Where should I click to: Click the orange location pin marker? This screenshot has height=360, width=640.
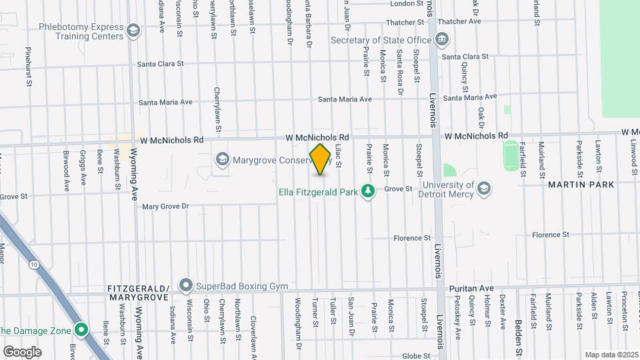[x=320, y=159]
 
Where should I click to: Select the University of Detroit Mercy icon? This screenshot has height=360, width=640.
[x=485, y=189]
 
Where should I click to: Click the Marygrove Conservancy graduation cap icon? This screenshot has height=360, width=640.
[x=222, y=159]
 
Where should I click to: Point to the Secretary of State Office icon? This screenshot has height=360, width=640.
[x=441, y=40]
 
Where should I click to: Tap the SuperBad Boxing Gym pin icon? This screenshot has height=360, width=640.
[x=185, y=286]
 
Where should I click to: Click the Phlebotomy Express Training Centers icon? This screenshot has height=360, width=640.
[x=133, y=31]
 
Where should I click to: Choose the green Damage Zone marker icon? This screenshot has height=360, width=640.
[x=81, y=329]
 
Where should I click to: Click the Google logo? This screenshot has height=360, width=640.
[x=22, y=351]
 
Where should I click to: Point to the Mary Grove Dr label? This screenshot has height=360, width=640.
[x=166, y=207]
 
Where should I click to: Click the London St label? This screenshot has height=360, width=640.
[x=403, y=3]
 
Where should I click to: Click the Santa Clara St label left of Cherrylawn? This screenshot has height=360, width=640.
[x=160, y=65]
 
